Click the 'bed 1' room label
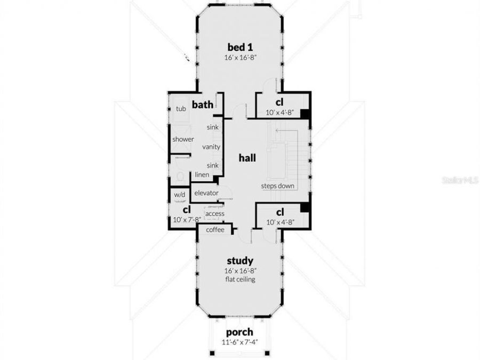pos(239,46)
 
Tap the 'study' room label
pos(239,261)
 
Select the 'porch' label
pos(239,333)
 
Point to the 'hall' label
pos(247,158)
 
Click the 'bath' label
pos(203,103)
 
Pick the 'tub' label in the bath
pos(181,109)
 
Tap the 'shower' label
pos(183,140)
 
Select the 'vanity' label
pos(211,147)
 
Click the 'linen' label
pos(202,174)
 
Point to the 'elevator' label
pos(206,193)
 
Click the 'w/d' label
pos(179,195)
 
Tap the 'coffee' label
pos(215,230)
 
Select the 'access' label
pos(215,214)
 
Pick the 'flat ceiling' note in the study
pos(239,279)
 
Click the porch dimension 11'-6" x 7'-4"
pos(239,343)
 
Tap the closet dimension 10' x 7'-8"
pos(186,219)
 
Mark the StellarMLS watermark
pos(460,180)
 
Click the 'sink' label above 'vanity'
pos(213,127)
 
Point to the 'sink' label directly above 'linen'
pos(213,165)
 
